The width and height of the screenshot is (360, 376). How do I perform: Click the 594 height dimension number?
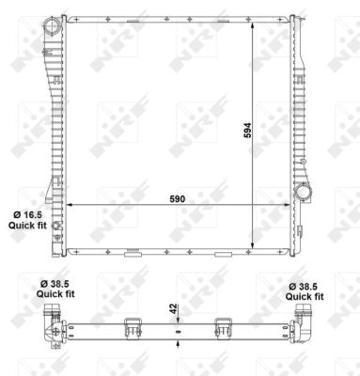click(248, 131)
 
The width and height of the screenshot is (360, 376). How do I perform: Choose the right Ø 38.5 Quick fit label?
click(305, 287)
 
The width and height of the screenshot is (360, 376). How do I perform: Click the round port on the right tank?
click(305, 193)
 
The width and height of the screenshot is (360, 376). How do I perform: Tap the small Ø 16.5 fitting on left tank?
click(56, 227)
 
